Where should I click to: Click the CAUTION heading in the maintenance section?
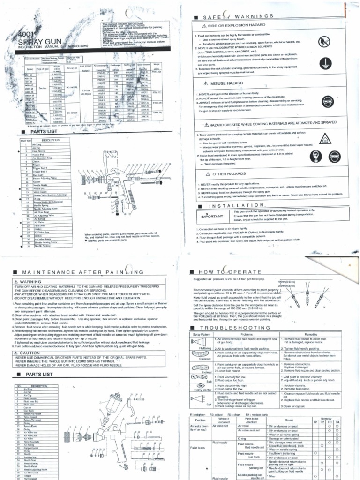pyautogui.click(x=30, y=339)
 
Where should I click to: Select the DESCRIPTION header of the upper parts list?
pyautogui.click(x=50, y=140)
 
